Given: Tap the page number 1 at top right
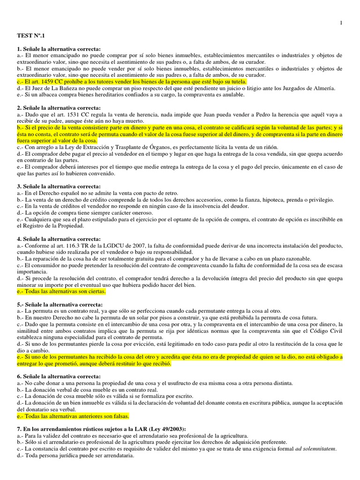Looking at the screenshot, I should pyautogui.click(x=341, y=22).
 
